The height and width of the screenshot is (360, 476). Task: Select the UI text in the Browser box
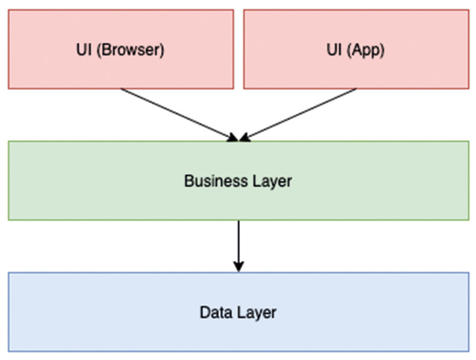point(84,49)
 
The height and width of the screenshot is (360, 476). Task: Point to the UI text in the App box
point(334,49)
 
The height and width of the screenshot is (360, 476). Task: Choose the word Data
point(216,312)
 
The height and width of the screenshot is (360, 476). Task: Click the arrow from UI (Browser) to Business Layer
point(179,115)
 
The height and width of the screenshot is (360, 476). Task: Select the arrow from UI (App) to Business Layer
point(298,115)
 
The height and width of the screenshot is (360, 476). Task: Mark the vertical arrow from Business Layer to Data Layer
point(239,246)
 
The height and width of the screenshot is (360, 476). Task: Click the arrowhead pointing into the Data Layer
point(239,267)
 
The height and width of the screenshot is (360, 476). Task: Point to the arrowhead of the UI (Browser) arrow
point(233,137)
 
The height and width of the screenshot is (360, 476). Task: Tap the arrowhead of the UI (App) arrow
point(244,137)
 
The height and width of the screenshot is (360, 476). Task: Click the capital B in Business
point(189,181)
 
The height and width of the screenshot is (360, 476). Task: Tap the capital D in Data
point(205,312)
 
